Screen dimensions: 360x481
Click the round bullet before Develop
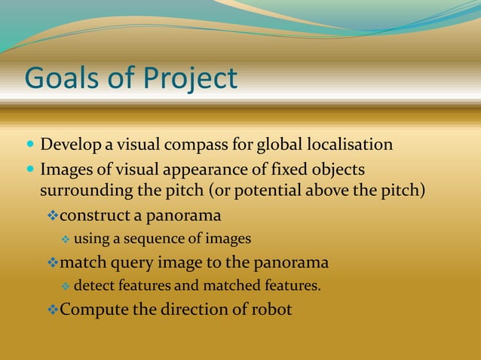(x=29, y=144)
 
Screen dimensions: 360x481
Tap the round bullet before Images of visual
(x=29, y=167)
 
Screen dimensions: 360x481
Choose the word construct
(x=94, y=216)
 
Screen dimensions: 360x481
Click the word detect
(x=93, y=286)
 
